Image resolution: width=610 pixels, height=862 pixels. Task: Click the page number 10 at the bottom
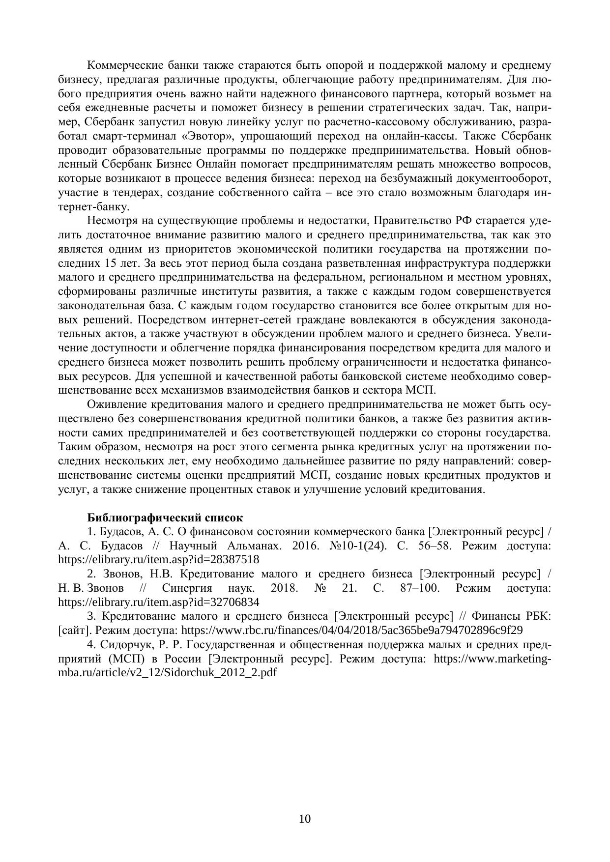pyautogui.click(x=304, y=818)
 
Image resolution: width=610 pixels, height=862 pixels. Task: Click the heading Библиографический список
pyautogui.click(x=165, y=517)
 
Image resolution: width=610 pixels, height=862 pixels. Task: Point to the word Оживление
pyautogui.click(x=116, y=404)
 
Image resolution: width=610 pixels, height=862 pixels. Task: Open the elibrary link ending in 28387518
pyautogui.click(x=158, y=559)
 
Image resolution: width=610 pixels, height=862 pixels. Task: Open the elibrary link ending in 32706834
pyautogui.click(x=158, y=602)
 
